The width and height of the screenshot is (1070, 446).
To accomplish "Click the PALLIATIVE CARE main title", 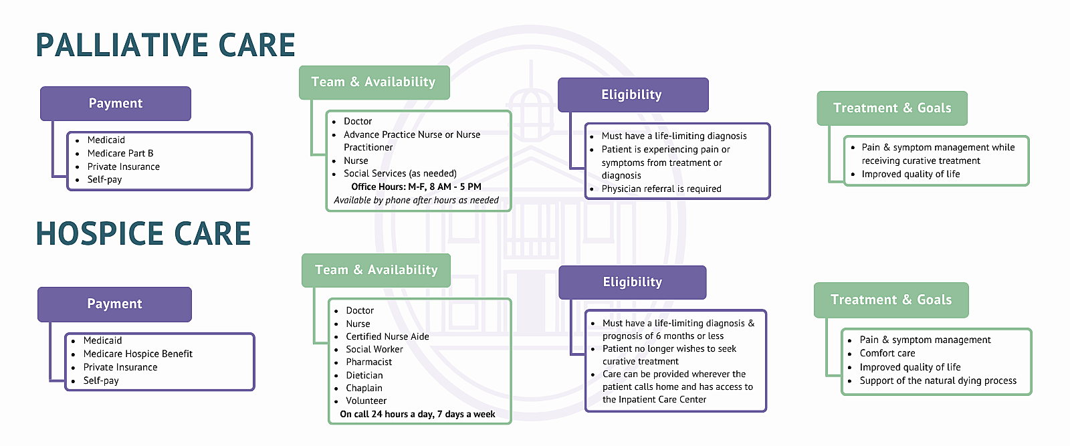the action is pos(165,45).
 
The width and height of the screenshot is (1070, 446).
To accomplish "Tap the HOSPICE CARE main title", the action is pos(143,233).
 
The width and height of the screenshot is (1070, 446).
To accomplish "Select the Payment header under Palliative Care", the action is pos(116,103).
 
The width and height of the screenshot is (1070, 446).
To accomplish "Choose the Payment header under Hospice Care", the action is pos(114,304).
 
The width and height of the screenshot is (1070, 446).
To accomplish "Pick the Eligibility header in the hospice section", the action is pos(633,282).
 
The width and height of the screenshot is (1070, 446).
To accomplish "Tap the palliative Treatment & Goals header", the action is pos(892,108).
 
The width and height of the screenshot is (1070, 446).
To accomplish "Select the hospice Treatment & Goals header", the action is pos(891,300).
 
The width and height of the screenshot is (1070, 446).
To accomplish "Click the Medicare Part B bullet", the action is pos(120,153).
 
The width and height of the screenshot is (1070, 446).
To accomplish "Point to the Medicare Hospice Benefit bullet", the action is pos(138,354).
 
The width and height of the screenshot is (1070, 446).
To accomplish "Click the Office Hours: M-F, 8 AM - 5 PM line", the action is pos(416,187).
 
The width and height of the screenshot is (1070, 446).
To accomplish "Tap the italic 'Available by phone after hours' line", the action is pos(416,200).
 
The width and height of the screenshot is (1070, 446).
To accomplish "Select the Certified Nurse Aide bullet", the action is pos(387,336).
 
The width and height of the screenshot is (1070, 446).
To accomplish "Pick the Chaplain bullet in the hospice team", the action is pos(364,388).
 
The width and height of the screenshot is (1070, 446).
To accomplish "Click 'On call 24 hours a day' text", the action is pos(417,414).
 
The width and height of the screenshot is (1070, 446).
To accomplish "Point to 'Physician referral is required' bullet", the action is pos(661,189).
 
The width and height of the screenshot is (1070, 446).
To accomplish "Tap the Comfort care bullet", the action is pos(887,353).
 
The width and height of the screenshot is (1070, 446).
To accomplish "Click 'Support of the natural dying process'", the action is pos(938,380).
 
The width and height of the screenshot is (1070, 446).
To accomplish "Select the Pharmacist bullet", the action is pos(368,362).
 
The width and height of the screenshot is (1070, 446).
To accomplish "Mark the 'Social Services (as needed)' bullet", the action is pos(401,173).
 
